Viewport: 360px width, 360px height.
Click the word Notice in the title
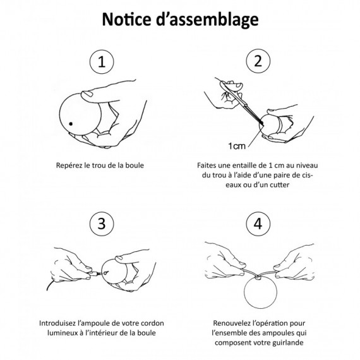(126, 20)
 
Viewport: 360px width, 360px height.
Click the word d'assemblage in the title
(207, 20)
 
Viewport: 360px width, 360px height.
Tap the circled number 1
(102, 62)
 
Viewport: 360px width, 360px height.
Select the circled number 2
(258, 61)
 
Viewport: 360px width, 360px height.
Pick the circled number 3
(102, 224)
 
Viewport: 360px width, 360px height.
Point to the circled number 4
(258, 224)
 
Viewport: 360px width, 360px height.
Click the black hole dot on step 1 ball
(71, 124)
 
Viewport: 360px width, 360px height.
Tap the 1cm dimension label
(237, 146)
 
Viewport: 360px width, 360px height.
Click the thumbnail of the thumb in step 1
(87, 93)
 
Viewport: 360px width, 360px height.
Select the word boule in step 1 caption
(135, 165)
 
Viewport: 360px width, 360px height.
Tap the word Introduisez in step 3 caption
(57, 323)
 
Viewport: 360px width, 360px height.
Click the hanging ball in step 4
(260, 292)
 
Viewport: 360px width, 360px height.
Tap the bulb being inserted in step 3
(94, 274)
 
